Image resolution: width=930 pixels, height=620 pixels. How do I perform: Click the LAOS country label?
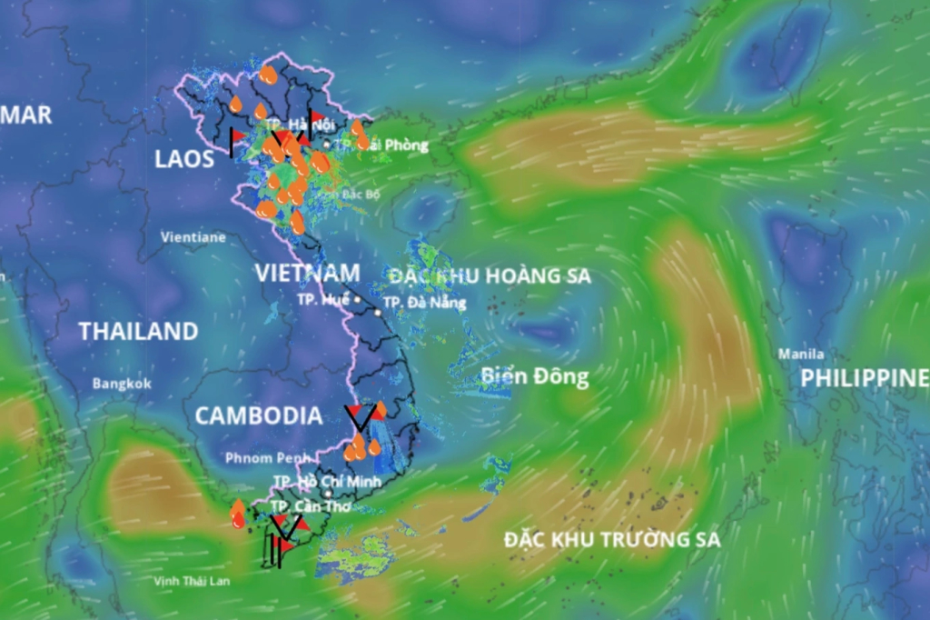click(184, 160)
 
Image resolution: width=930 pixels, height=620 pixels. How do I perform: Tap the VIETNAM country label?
click(307, 273)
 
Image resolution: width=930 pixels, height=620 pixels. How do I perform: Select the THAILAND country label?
click(138, 332)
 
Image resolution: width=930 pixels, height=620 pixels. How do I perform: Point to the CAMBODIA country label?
click(259, 416)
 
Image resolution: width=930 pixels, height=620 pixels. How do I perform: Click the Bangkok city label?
click(122, 384)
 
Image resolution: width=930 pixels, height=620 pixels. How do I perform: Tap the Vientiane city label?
click(193, 237)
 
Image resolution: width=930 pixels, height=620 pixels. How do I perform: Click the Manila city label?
click(801, 354)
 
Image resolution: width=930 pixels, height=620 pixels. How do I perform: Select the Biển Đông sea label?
click(535, 376)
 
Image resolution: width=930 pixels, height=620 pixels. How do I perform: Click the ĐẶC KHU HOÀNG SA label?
click(490, 275)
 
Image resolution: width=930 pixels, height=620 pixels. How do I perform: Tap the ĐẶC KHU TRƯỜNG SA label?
click(612, 539)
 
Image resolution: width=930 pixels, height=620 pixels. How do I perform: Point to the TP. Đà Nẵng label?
click(424, 302)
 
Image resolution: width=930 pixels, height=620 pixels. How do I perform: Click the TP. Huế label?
click(322, 298)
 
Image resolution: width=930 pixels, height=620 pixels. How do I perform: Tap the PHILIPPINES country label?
click(864, 378)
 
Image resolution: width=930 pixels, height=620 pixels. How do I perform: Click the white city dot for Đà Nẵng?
click(378, 312)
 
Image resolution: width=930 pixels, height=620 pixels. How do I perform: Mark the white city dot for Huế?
click(357, 299)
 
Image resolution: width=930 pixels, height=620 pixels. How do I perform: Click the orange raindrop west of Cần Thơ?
click(238, 515)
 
